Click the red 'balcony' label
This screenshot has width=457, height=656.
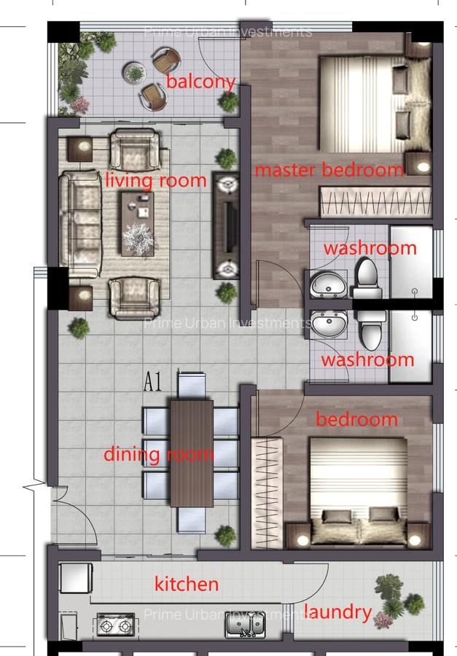[200, 81]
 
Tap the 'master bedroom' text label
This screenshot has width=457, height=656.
[329, 171]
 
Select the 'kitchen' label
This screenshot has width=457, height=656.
[187, 584]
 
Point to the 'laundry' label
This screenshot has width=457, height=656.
[337, 612]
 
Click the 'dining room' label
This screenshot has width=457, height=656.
[158, 455]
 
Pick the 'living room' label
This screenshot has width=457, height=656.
[156, 179]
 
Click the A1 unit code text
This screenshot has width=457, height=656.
[152, 382]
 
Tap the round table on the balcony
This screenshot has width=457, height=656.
[135, 72]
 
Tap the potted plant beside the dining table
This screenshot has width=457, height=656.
[226, 536]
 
